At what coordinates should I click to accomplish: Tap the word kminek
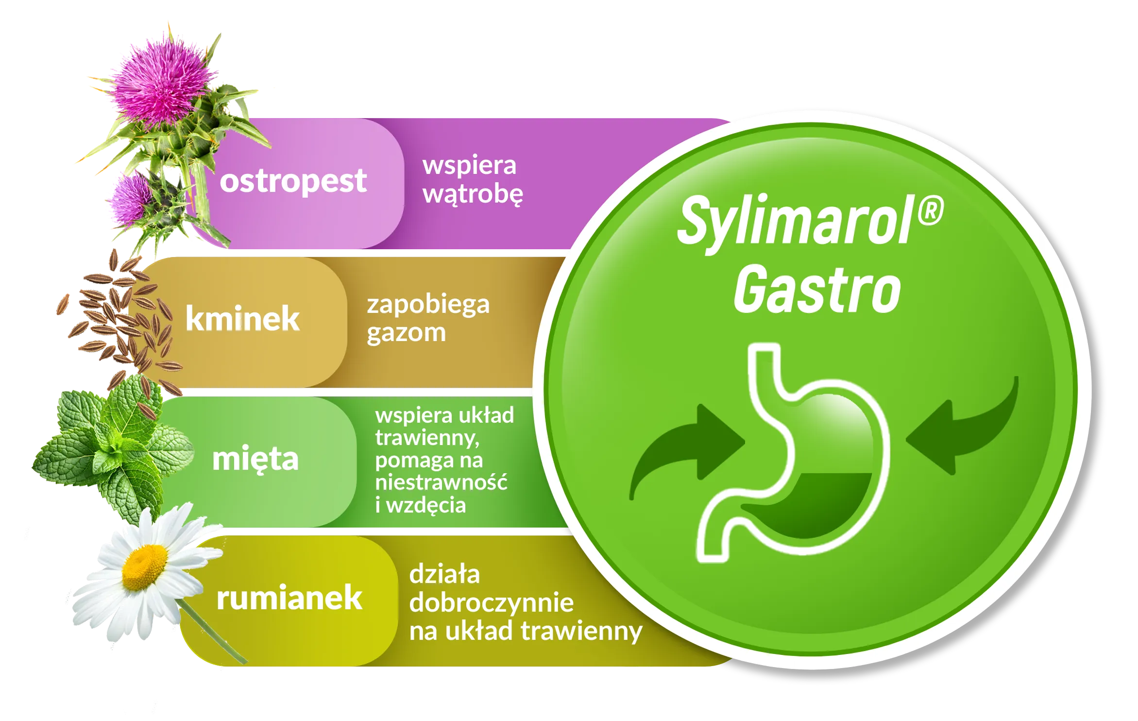(242, 319)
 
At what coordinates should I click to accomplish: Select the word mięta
(255, 459)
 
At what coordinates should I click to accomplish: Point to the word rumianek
(289, 597)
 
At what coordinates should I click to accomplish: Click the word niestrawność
(441, 482)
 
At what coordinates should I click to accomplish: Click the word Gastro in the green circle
(817, 290)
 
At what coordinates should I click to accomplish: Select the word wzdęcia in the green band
(426, 506)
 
